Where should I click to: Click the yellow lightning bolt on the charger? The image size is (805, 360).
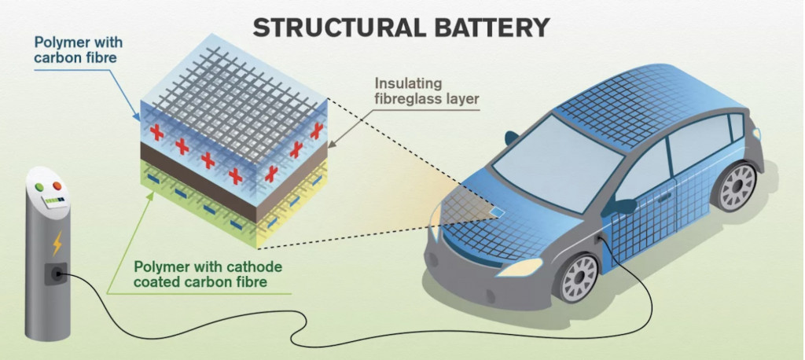pyautogui.click(x=57, y=246)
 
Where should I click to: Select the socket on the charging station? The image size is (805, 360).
pyautogui.click(x=56, y=274)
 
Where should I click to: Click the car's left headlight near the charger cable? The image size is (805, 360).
pyautogui.click(x=520, y=266)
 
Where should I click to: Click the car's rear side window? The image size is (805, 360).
pyautogui.click(x=737, y=127)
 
